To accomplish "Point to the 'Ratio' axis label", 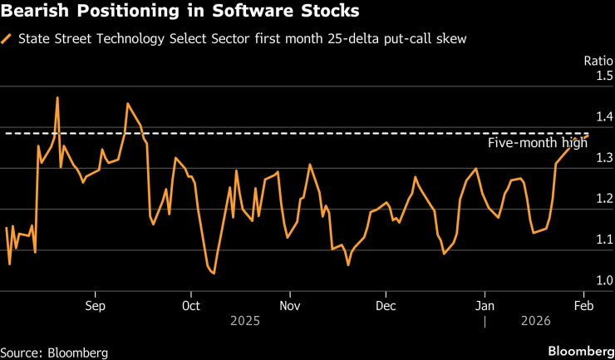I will tap(593, 61).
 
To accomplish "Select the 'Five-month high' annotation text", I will tap(537, 142).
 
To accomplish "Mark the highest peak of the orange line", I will tap(57, 97).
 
